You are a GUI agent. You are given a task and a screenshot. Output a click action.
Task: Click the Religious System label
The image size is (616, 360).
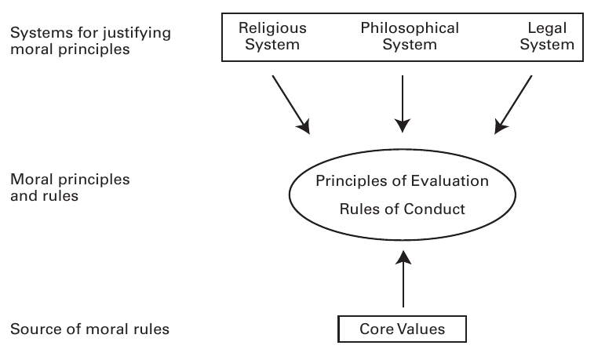coord(272,36)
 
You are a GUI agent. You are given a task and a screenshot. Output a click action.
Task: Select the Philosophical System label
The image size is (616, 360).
coord(410,36)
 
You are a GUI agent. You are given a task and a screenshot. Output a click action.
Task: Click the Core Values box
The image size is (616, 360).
coord(403,329)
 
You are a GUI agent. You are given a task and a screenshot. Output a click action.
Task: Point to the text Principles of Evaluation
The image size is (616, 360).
coord(403,181)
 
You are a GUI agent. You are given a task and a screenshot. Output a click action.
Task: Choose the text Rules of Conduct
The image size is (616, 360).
coord(403,209)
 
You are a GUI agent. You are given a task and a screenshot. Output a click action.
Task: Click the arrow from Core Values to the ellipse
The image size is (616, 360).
coord(403,278)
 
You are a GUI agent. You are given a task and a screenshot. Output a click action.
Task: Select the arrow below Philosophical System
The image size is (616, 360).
coord(403,102)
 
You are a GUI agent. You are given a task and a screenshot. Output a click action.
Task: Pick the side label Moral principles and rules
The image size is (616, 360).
coord(70,187)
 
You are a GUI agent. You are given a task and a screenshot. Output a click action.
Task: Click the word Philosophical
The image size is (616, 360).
coord(410,28)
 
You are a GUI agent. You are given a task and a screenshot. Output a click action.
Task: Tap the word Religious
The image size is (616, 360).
coord(272,28)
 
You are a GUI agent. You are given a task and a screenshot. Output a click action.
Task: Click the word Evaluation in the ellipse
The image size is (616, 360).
coord(454,181)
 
